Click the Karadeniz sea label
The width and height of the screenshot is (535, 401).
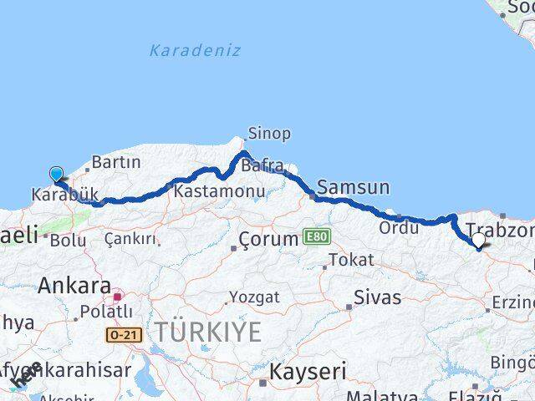point(195,50)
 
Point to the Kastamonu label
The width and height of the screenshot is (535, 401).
point(220,191)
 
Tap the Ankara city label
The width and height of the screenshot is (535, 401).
point(74,286)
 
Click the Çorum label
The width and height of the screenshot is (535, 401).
point(268,239)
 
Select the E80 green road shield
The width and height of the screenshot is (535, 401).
point(317,237)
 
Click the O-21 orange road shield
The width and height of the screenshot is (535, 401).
point(125,334)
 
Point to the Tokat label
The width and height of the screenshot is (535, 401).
point(351,260)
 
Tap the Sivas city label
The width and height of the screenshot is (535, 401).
point(377,297)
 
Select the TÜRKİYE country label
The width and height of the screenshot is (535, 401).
point(207,332)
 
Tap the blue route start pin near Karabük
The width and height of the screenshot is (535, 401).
point(56,175)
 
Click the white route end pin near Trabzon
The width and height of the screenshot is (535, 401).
point(479,241)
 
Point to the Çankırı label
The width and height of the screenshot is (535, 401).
point(131,240)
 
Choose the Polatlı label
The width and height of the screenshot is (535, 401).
point(102,312)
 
